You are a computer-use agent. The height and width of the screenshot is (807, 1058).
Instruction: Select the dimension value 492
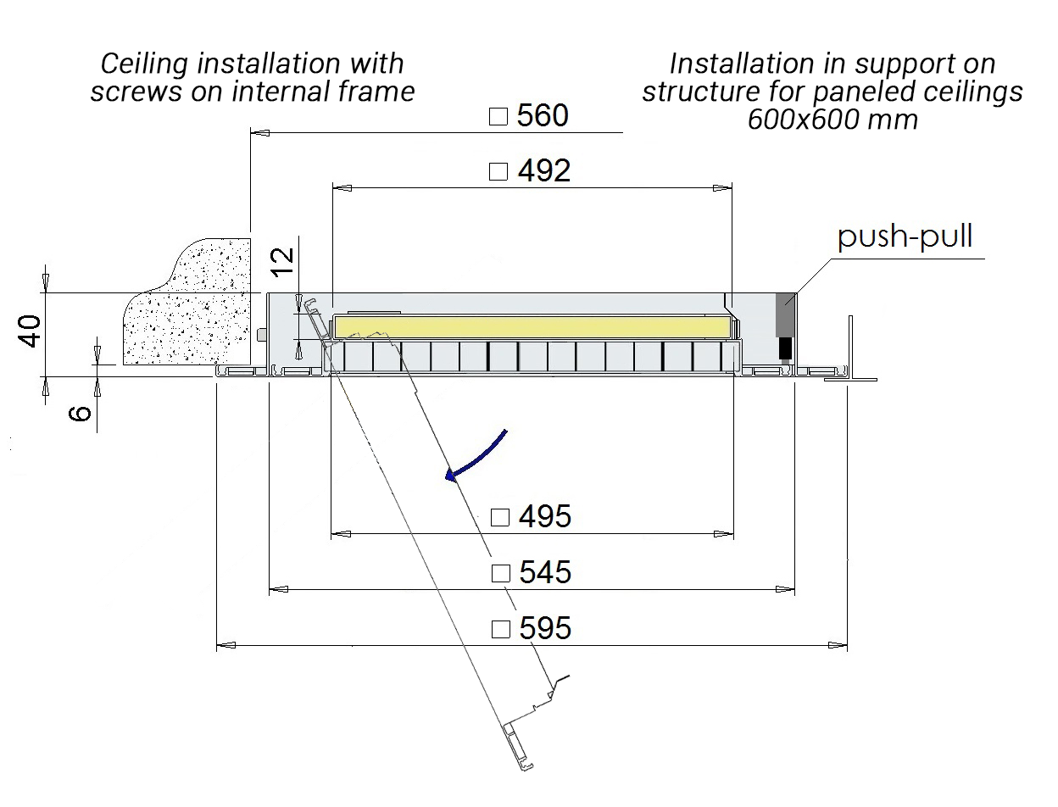[543, 171]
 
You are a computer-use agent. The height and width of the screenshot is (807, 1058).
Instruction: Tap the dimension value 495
[544, 516]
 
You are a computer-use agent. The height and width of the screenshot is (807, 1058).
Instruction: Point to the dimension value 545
[545, 572]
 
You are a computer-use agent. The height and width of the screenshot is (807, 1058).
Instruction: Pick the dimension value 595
[545, 628]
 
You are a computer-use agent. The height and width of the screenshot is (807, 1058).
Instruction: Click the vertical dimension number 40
[31, 331]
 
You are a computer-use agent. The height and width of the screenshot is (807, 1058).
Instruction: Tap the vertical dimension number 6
[79, 414]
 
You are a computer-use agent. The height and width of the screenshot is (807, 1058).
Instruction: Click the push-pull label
[905, 237]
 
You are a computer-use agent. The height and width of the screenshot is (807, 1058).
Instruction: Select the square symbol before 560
[498, 117]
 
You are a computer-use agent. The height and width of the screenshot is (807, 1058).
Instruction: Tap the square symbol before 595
[501, 629]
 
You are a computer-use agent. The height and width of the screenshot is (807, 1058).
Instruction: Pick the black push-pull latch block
[785, 348]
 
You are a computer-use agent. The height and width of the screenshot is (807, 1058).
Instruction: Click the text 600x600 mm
[832, 120]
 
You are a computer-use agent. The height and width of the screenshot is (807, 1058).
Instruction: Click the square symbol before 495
[500, 517]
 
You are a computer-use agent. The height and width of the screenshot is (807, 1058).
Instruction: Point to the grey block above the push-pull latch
[785, 314]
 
